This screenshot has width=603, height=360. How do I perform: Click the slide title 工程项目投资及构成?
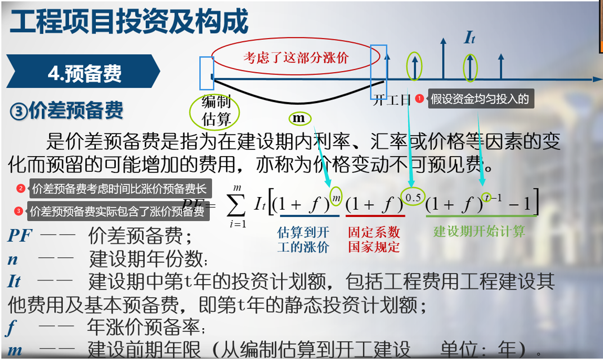tap(129, 21)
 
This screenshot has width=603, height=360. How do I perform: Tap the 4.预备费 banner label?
tap(85, 73)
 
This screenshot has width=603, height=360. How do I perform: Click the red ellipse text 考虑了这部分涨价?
tap(296, 58)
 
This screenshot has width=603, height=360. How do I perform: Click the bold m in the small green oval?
tap(299, 118)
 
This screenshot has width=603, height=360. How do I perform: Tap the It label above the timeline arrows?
tap(470, 38)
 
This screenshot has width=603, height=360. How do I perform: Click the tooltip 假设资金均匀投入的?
tap(480, 99)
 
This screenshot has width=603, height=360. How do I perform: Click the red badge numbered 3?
tap(19, 211)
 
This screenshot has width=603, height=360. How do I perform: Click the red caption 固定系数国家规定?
tap(374, 240)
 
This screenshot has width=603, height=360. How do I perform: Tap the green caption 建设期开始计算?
tap(479, 231)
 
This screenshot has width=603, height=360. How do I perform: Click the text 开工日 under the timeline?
tap(391, 100)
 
